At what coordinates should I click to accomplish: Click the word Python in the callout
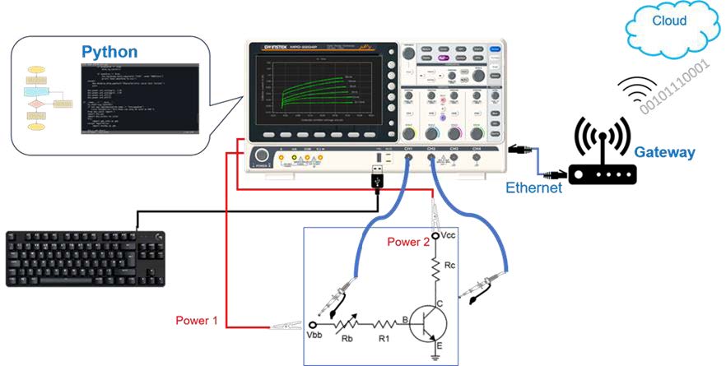109,52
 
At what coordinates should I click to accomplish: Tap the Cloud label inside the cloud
668,21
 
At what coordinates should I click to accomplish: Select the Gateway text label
664,152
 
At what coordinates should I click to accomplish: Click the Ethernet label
533,188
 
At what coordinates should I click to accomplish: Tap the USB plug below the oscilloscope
376,178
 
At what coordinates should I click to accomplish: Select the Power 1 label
197,319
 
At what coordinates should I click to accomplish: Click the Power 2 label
409,243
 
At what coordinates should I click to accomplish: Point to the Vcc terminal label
449,235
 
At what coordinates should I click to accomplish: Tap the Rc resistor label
449,265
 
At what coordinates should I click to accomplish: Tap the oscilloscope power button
263,156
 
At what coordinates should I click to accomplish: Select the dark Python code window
139,97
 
